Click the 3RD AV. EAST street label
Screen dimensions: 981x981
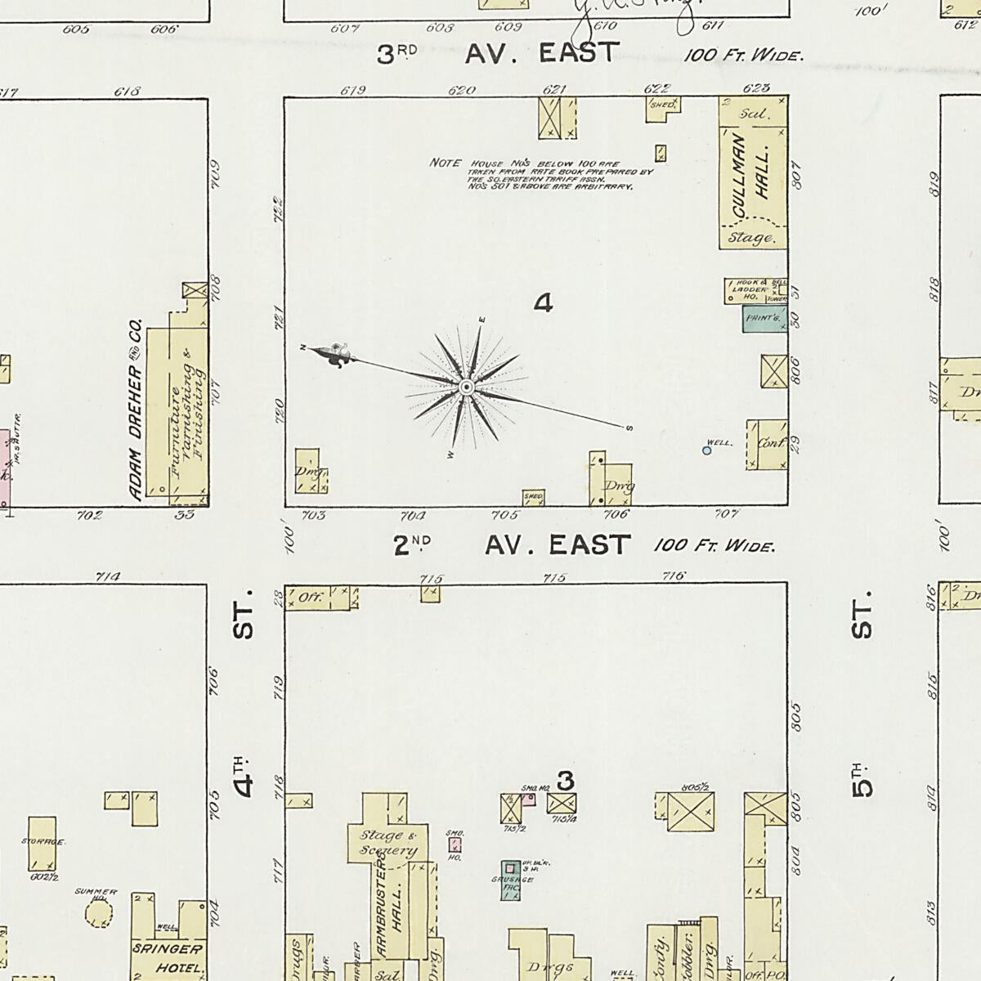(x=499, y=54)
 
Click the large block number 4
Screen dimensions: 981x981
(x=544, y=304)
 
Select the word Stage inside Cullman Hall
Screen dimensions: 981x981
(x=751, y=238)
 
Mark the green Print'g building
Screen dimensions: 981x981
(x=764, y=318)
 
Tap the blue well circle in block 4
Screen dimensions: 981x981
(x=707, y=450)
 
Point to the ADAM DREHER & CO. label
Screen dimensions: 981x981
(x=137, y=409)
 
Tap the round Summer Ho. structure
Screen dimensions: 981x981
(x=99, y=913)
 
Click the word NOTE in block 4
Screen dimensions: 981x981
(x=446, y=163)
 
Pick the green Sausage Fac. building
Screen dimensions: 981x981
(x=511, y=880)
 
